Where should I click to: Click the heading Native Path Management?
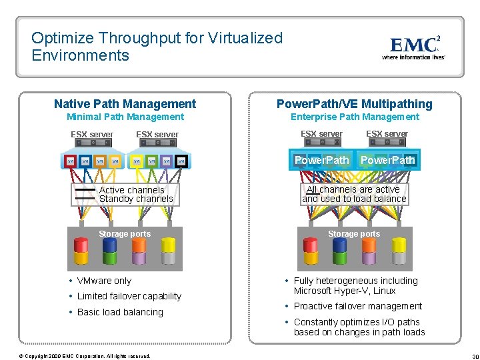click(x=125, y=104)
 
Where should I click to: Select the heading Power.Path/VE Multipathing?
click(x=354, y=104)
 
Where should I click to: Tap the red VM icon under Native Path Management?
click(x=69, y=161)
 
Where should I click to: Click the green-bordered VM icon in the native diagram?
click(x=151, y=161)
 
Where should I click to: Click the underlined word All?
click(x=311, y=190)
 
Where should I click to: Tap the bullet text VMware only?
click(x=104, y=281)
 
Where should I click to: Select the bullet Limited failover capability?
click(x=129, y=297)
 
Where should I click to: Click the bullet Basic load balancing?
click(x=120, y=312)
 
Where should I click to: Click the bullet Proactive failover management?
click(x=358, y=307)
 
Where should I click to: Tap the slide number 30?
click(x=475, y=356)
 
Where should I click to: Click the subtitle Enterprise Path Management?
click(x=355, y=117)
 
